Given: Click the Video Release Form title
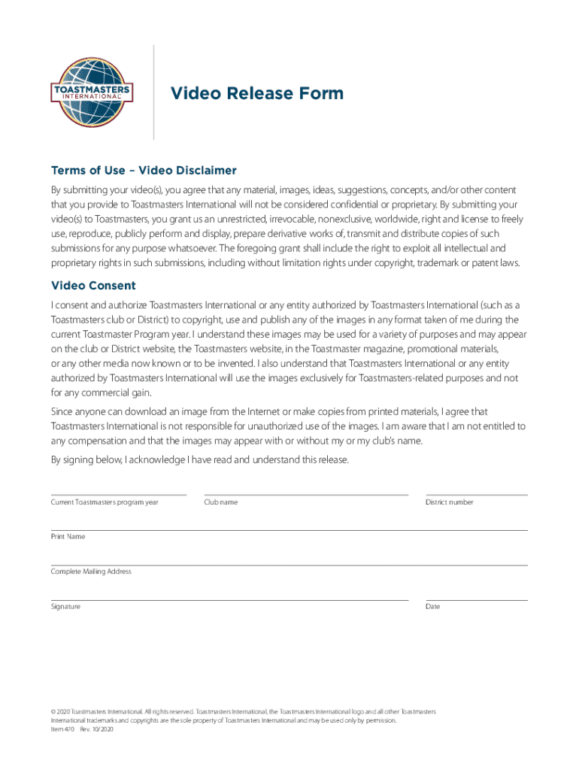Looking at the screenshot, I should [x=256, y=93].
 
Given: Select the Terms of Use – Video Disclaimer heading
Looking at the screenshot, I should [x=144, y=170].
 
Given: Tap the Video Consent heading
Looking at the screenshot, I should [x=93, y=286].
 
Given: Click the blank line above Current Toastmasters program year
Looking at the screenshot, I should [x=118, y=495].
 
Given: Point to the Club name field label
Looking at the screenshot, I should [x=220, y=502].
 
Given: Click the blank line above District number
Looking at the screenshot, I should [x=476, y=495].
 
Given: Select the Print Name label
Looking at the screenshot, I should [x=68, y=537].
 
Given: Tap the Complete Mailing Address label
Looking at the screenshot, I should [x=91, y=571].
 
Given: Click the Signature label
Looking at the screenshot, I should [x=65, y=607].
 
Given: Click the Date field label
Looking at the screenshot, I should [x=432, y=607].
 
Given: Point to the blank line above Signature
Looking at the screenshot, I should [x=229, y=600].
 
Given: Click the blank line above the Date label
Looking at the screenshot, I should [x=476, y=600].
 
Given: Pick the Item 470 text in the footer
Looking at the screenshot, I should [x=62, y=729].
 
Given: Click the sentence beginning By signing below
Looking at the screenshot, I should [x=199, y=460].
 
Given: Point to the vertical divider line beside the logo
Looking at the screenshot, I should [x=154, y=92].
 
